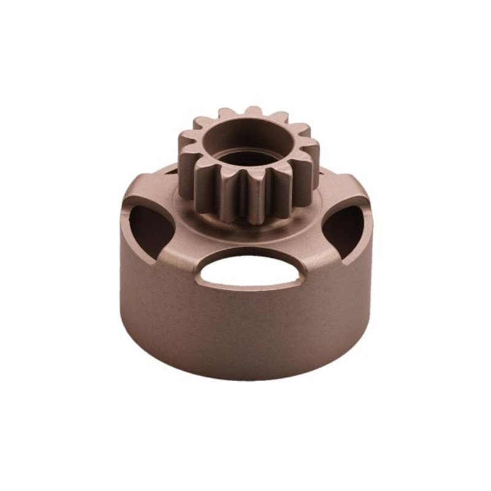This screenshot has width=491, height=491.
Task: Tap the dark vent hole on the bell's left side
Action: click(149, 229)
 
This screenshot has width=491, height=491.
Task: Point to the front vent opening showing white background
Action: click(250, 270)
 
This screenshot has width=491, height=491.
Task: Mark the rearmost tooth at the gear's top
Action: click(253, 112)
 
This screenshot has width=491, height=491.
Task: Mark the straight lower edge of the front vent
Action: click(250, 285)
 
